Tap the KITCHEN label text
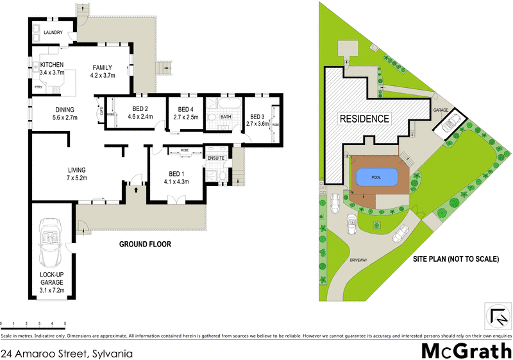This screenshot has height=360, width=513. pyautogui.click(x=52, y=65)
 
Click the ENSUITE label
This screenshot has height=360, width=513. pyautogui.click(x=215, y=157)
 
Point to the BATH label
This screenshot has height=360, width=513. pyautogui.click(x=226, y=117)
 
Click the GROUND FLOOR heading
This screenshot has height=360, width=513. pyautogui.click(x=145, y=244)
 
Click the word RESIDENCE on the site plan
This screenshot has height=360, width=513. pyautogui.click(x=364, y=119)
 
